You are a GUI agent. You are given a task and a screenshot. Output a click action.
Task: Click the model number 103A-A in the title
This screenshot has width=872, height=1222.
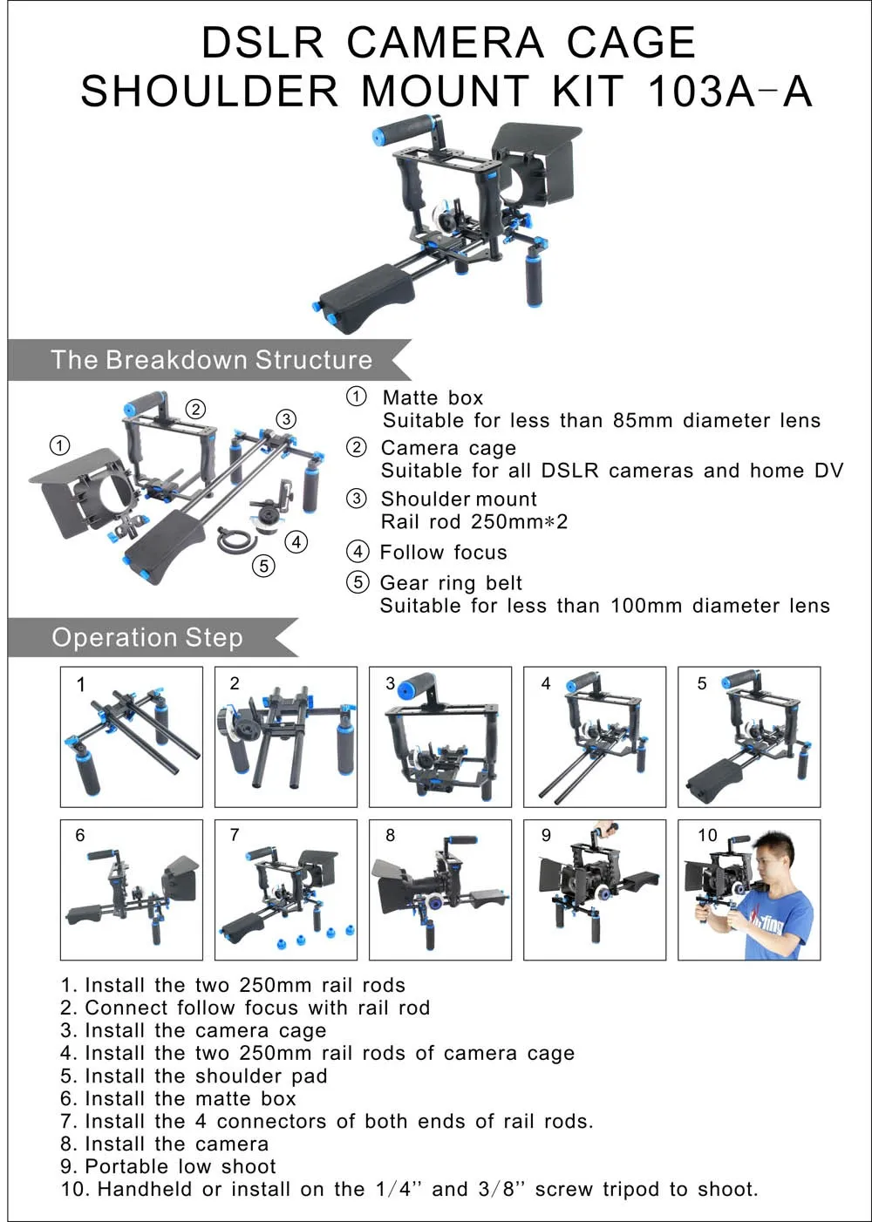click(729, 92)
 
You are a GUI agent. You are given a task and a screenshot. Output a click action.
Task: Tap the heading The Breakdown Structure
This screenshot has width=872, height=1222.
click(211, 360)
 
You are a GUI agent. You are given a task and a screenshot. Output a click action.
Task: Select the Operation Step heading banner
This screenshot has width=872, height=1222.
click(146, 637)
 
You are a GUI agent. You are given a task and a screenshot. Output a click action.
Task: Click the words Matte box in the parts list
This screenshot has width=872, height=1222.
click(433, 397)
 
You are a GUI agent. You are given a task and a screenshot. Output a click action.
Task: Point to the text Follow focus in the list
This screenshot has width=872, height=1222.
click(443, 553)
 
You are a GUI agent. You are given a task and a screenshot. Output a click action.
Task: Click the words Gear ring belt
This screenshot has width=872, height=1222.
click(451, 583)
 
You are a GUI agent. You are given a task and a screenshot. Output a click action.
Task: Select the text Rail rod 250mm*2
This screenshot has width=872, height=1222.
click(474, 522)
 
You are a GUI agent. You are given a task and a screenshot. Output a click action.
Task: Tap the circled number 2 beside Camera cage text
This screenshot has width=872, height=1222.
click(357, 448)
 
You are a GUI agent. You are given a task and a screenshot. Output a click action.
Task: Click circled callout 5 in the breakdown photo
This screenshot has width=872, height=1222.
click(263, 566)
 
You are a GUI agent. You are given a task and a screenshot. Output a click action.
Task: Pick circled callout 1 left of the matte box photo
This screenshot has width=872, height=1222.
click(59, 446)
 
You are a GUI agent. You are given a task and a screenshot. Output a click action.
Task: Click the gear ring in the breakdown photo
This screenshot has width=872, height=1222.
click(235, 538)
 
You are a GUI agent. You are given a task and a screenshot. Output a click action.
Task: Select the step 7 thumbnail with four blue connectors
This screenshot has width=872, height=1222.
click(286, 890)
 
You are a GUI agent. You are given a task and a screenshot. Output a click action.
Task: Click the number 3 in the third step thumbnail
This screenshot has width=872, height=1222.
click(391, 683)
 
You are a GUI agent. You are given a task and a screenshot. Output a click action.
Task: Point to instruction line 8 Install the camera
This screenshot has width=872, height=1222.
click(165, 1144)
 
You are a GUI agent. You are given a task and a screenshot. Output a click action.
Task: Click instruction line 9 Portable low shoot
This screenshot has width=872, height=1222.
click(168, 1166)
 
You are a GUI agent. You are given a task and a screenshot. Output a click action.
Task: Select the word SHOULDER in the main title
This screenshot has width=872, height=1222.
click(209, 92)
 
